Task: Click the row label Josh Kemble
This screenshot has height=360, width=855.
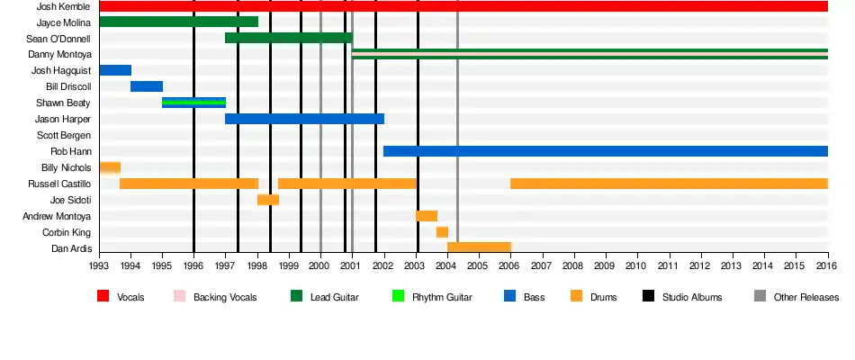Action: coord(63,6)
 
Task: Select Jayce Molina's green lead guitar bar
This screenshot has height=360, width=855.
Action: coord(178,22)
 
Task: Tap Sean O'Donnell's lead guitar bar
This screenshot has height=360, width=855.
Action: coord(288,38)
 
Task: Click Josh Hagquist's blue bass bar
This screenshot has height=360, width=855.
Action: coord(115,70)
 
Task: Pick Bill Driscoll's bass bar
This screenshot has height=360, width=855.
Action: coord(147,86)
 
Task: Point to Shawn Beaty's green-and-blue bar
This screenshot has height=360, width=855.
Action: coord(193,103)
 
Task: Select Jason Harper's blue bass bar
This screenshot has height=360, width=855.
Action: coord(304,119)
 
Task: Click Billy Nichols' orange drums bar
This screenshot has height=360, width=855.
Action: coord(110,167)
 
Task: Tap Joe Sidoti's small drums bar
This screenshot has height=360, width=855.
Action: coord(268,200)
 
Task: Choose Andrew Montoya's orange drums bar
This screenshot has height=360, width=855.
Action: coord(427,216)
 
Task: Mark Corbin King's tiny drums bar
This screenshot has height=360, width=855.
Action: coord(442,232)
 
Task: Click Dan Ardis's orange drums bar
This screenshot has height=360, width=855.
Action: coord(479,247)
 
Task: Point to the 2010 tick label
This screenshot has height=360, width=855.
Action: coord(637,266)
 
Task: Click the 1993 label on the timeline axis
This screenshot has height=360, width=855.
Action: coord(99,266)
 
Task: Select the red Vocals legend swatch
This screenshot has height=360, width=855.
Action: coord(103,296)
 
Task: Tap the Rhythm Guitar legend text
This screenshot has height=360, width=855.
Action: coord(442,297)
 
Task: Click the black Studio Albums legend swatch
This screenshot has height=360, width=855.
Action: coord(648,296)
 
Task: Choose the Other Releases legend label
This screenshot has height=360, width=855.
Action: coord(806,297)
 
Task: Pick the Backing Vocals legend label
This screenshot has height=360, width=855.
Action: coord(225,297)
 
